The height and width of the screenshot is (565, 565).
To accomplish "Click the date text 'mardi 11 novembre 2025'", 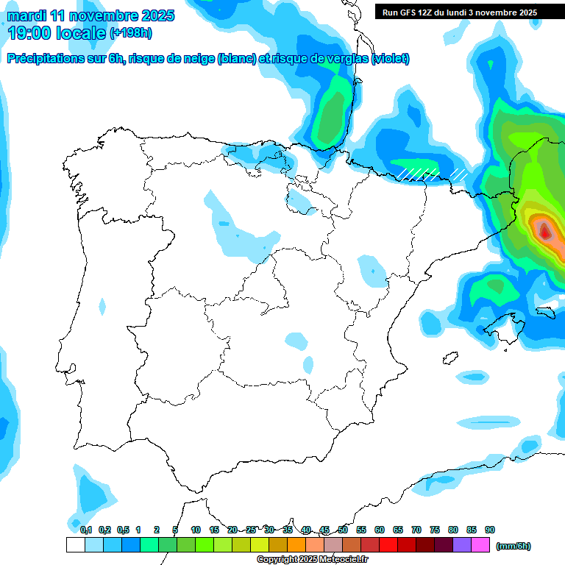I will tap(91, 15).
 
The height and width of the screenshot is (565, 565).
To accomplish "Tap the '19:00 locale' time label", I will tap(57, 32).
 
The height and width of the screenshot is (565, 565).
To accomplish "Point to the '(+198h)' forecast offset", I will tap(131, 33).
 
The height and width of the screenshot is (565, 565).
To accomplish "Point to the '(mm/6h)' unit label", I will tap(513, 546).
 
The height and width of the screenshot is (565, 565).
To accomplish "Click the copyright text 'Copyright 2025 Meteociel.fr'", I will tap(312, 560).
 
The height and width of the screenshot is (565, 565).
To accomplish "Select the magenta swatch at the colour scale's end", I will tap(480, 545).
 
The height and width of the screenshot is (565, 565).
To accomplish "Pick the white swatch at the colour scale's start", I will tap(76, 545).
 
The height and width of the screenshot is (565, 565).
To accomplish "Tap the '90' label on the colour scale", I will tap(490, 530).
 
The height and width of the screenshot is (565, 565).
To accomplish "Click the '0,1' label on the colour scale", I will tap(85, 530).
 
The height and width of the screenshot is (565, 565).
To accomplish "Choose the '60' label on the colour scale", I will tap(380, 530).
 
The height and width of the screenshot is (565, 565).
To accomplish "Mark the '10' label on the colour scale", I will tap(196, 530).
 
